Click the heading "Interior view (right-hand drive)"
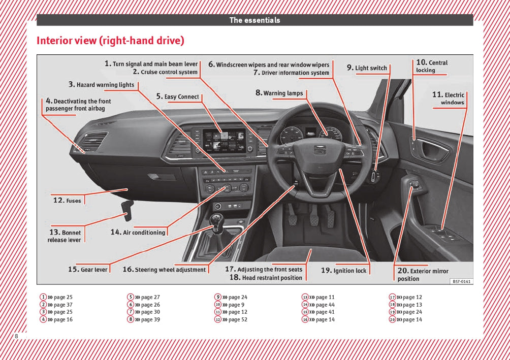(x=110, y=41)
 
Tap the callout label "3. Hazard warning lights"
(x=102, y=84)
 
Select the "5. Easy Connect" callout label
(x=177, y=96)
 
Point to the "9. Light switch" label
(x=367, y=68)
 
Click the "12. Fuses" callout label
(x=67, y=201)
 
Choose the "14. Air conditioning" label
(x=138, y=232)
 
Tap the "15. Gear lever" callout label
(x=88, y=270)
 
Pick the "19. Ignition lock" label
(x=343, y=271)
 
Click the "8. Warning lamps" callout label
(x=279, y=93)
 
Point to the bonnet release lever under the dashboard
(x=126, y=208)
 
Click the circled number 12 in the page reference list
(x=217, y=319)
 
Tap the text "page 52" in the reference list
(x=238, y=319)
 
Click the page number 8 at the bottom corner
(x=16, y=336)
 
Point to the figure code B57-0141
(x=461, y=281)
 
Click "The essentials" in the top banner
(x=254, y=20)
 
